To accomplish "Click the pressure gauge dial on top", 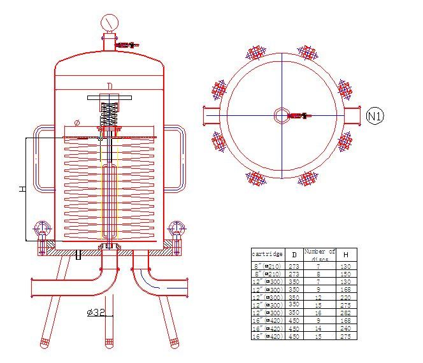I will pos(110,23).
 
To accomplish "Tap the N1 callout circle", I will pos(376,115).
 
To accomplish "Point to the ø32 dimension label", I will pos(96,313).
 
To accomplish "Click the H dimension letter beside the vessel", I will pos(22,189).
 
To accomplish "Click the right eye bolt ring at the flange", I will pos(177,228).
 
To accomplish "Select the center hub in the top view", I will pos(282,115).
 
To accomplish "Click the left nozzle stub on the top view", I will pos(210,115).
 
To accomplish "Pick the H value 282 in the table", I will pos(346,313).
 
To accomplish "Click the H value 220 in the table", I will pos(346,297).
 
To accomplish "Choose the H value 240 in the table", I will pos(346,329).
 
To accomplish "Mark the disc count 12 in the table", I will pos(319,297).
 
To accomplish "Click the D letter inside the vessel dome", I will pos(110,86).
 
